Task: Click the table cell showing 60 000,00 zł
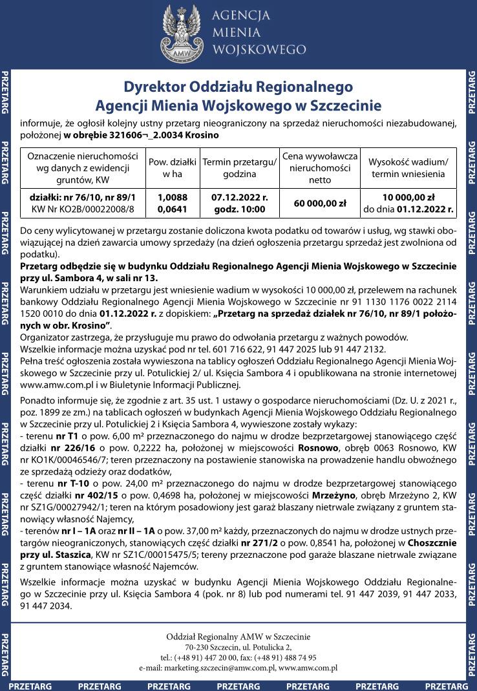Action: click(320, 203)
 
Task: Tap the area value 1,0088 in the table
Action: click(172, 197)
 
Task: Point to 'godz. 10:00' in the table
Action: click(239, 209)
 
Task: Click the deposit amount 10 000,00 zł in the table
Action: click(408, 197)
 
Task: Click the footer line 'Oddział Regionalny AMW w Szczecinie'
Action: click(238, 636)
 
